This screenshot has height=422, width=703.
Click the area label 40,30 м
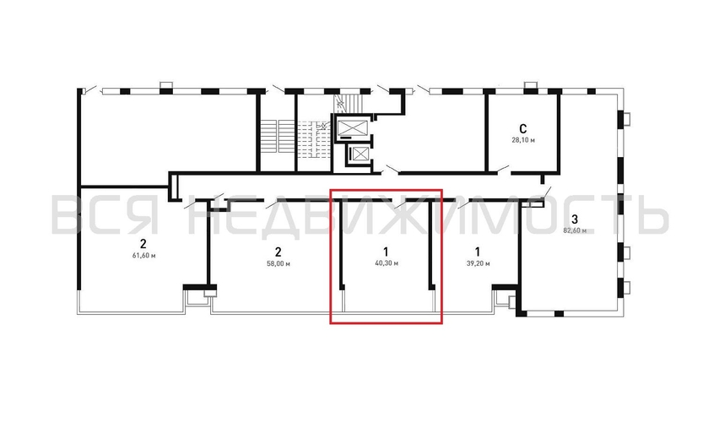[387, 263]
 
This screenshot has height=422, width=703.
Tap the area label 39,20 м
[478, 263]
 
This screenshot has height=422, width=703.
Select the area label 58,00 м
[278, 263]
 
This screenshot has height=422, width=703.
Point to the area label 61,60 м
[143, 256]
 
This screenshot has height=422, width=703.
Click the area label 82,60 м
[575, 230]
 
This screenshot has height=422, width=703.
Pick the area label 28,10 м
[523, 140]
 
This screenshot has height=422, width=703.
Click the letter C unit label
[522, 129]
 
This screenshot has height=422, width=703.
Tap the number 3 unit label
[575, 219]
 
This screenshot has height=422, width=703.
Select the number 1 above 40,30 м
[386, 252]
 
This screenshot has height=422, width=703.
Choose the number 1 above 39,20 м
[478, 252]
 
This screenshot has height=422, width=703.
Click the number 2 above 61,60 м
[143, 245]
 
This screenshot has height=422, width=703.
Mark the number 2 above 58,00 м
[278, 252]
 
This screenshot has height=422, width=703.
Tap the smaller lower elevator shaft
[360, 154]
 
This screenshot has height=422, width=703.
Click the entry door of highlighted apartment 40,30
[399, 203]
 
